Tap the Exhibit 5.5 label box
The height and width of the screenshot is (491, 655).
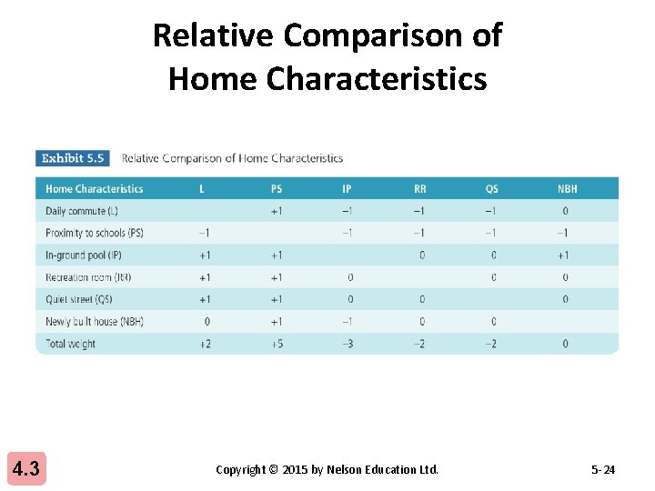73,158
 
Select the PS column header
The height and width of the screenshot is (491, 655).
277,189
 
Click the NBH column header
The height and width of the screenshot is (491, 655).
567,189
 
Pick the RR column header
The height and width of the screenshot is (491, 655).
419,189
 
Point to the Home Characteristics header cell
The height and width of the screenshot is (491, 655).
94,189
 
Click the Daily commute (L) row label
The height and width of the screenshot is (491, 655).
82,211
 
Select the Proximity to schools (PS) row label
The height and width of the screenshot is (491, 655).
95,233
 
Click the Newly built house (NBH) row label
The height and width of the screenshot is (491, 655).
95,321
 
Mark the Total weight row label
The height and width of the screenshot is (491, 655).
70,344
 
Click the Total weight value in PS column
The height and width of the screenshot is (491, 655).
277,344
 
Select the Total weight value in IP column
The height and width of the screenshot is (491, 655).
347,344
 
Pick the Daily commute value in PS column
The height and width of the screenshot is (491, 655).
277,211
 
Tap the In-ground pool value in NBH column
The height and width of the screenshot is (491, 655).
564,256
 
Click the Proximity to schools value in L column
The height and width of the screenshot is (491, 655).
205,233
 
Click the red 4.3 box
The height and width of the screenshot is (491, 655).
25,469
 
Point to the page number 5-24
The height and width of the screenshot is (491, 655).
602,470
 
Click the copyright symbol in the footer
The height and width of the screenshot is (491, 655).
274,470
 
